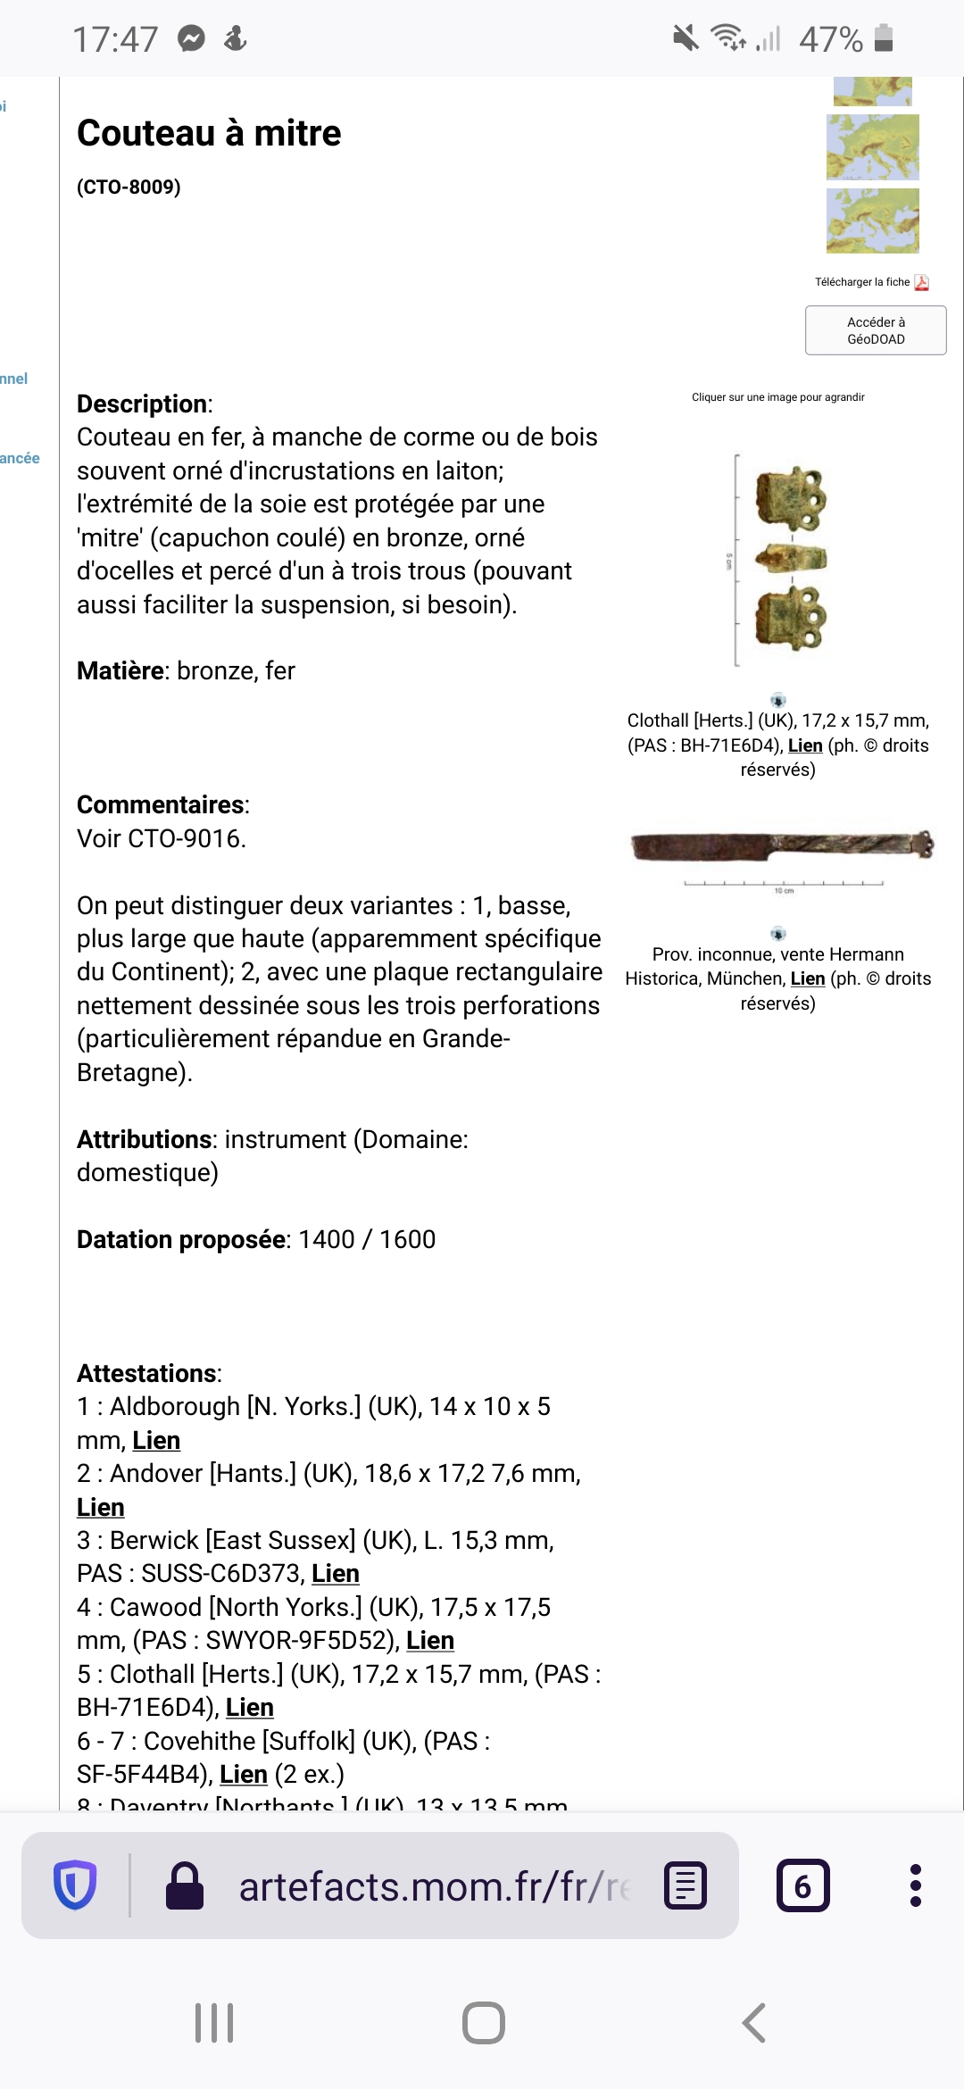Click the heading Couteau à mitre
pos(209,133)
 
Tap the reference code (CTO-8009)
pos(129,187)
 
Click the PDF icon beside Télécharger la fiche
pos(922,282)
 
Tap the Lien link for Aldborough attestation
pos(156,1440)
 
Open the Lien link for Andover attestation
pos(100,1507)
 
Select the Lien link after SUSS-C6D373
pos(335,1573)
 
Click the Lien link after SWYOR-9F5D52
pos(429,1640)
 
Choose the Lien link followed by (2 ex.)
pos(243,1774)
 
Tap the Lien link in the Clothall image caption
pos(804,745)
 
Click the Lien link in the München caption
pos(807,978)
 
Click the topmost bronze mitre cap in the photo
pos(791,496)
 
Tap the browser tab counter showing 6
pos(802,1885)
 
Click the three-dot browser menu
pos(915,1885)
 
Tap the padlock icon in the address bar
pos(185,1885)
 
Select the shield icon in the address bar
pos(75,1885)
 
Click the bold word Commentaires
pos(162,804)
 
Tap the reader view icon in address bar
pos(686,1885)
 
